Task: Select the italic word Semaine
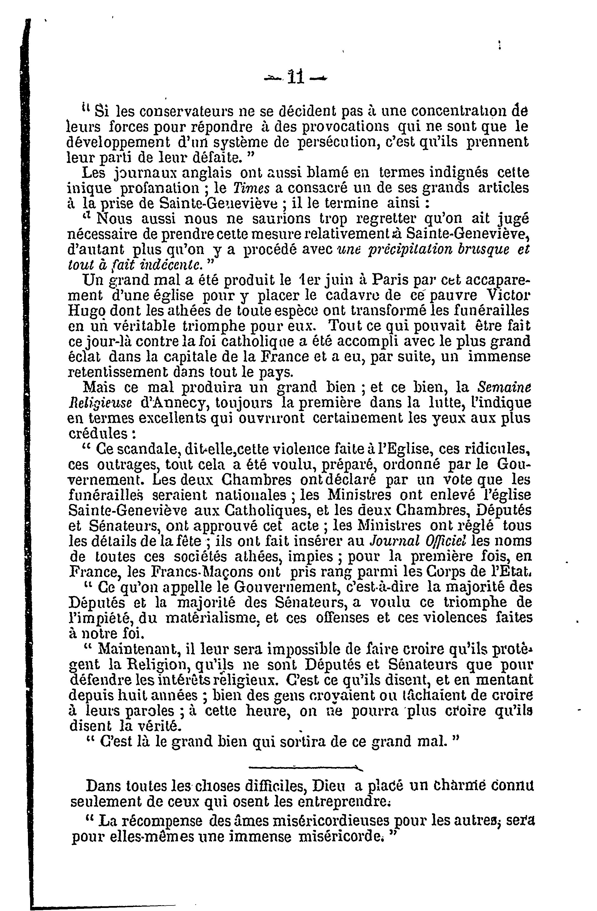coord(506,387)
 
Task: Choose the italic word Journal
coord(395,541)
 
